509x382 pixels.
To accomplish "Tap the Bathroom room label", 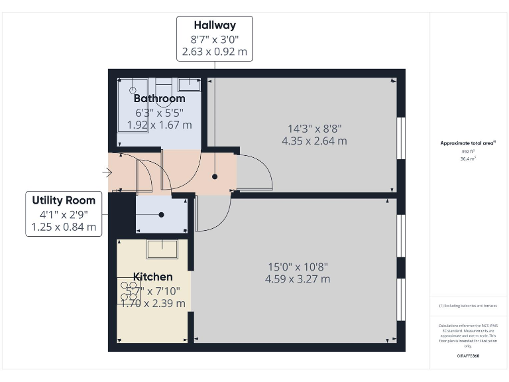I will pyautogui.click(x=160, y=99).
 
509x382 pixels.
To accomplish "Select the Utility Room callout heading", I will pyautogui.click(x=64, y=200).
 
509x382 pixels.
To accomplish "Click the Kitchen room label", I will pyautogui.click(x=153, y=277).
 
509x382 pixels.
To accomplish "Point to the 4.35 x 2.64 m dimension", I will pyautogui.click(x=314, y=141).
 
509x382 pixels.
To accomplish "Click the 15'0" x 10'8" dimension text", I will pyautogui.click(x=298, y=267).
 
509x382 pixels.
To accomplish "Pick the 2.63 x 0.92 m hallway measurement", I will pyautogui.click(x=214, y=50).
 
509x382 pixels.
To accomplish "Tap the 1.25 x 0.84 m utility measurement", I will pyautogui.click(x=64, y=226).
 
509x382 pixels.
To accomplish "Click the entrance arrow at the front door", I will pyautogui.click(x=107, y=173).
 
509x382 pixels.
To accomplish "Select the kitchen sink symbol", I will pyautogui.click(x=162, y=249).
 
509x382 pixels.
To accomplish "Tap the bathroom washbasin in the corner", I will pyautogui.click(x=190, y=84).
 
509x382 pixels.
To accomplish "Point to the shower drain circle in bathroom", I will pyautogui.click(x=133, y=90).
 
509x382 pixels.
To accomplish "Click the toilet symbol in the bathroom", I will pyautogui.click(x=164, y=85).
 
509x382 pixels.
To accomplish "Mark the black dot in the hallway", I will pyautogui.click(x=215, y=177).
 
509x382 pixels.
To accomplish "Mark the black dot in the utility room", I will pyautogui.click(x=162, y=215).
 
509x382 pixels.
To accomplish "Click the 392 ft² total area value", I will pyautogui.click(x=468, y=152).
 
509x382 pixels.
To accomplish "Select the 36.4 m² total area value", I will pyautogui.click(x=468, y=159).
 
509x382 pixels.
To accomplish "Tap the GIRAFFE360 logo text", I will pyautogui.click(x=468, y=356).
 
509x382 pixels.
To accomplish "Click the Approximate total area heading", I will pyautogui.click(x=468, y=143).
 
